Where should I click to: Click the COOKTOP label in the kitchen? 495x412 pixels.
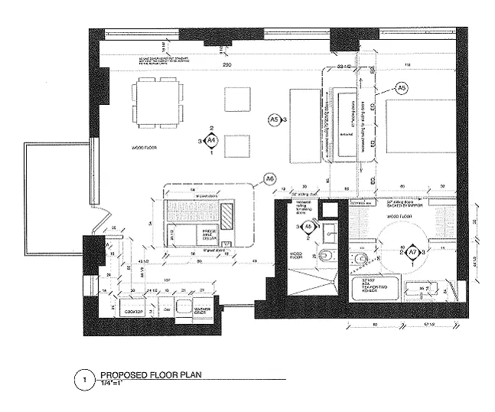(133, 312)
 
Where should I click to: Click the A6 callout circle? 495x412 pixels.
(269, 178)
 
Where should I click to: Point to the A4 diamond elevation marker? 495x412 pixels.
(212, 140)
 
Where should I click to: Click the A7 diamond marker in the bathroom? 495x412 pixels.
(412, 252)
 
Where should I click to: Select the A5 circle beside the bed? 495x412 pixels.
(402, 88)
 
